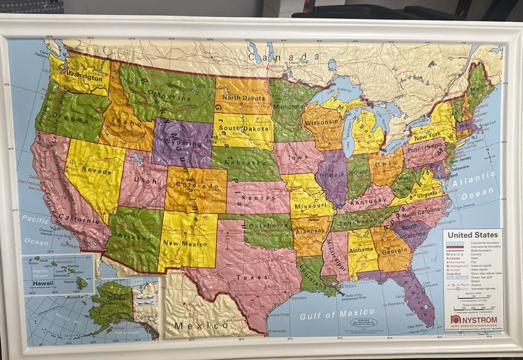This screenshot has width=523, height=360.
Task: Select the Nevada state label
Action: click(96, 171)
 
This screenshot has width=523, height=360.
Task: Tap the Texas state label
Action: click(252, 277)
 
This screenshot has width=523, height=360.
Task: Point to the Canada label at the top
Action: click(284, 57)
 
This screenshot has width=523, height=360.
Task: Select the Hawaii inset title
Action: click(42, 283)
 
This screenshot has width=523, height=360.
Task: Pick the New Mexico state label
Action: click(186, 243)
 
